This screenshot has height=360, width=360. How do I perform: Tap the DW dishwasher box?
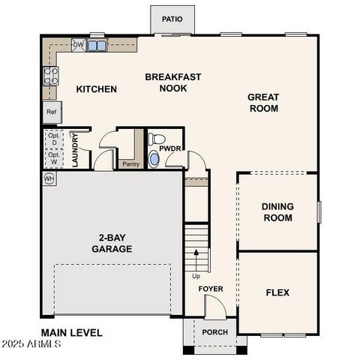pos(78,45)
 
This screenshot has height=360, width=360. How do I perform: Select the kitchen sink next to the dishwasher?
pos(97,46)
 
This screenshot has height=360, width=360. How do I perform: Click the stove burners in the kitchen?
pos(51,76)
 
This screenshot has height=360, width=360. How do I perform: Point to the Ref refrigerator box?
pos(52,112)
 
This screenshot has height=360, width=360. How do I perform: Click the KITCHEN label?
pos(97,89)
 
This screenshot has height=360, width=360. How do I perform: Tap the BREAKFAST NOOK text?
pos(166,82)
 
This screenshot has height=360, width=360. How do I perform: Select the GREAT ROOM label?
pos(262,103)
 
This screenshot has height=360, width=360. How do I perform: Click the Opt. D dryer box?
pos(54,139)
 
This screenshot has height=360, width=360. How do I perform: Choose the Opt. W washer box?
pos(54,159)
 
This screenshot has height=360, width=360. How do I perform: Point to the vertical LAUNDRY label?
pos(76,149)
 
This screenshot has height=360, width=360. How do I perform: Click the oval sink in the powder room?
pos(154,159)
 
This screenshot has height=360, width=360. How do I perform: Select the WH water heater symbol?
pos(49,178)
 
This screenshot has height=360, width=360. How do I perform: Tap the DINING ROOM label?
pos(277,212)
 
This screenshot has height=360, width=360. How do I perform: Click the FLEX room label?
pos(277,292)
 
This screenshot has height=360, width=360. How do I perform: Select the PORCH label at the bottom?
pos(215,332)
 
